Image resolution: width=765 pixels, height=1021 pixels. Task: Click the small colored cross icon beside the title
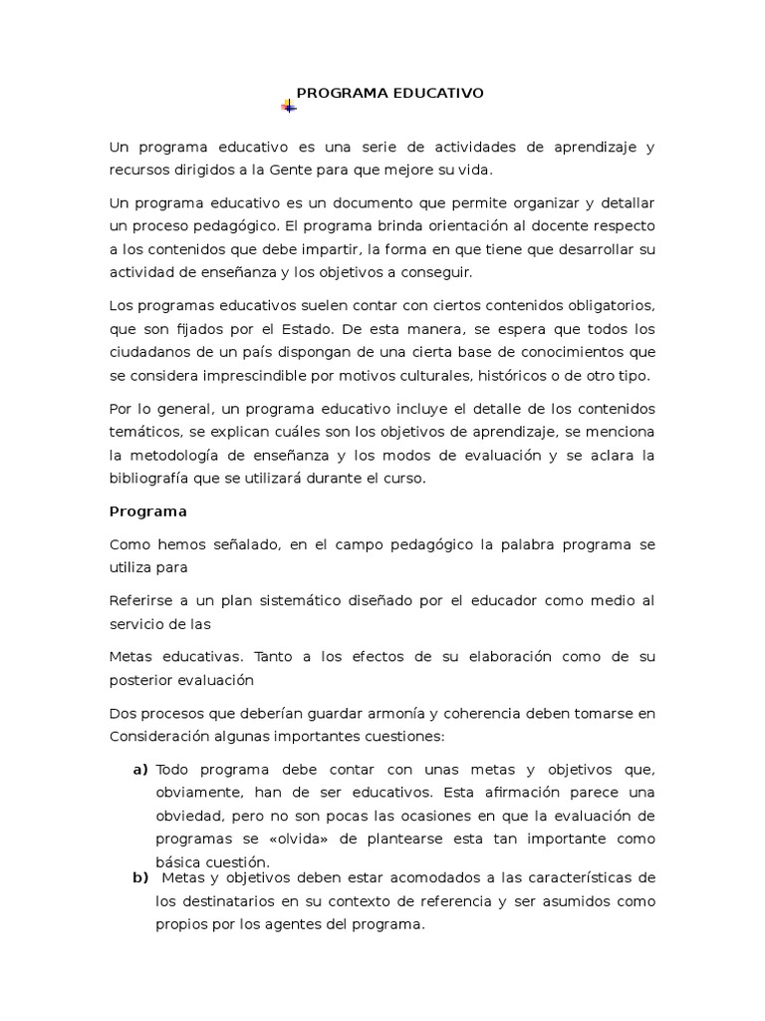[288, 106]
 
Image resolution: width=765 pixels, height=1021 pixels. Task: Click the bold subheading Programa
[147, 511]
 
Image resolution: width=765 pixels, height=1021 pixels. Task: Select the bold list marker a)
[139, 770]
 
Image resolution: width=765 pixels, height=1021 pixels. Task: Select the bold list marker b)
[139, 877]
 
